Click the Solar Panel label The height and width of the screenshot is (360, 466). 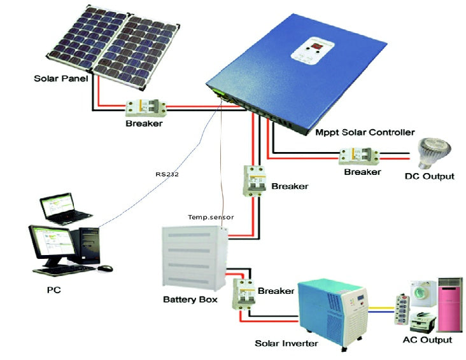click(61, 78)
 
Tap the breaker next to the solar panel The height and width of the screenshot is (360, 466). click(145, 108)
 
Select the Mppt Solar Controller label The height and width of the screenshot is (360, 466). click(365, 132)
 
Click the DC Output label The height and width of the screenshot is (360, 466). click(430, 176)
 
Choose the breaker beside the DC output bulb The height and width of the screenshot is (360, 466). click(359, 156)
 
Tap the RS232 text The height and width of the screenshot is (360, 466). click(167, 174)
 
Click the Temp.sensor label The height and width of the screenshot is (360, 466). click(211, 217)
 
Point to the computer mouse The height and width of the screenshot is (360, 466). click(105, 268)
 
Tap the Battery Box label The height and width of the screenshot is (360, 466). click(190, 300)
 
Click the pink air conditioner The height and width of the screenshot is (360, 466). click(450, 305)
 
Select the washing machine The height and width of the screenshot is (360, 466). click(423, 293)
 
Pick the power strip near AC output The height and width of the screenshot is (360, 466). click(403, 309)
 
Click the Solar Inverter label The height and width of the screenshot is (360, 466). click(286, 343)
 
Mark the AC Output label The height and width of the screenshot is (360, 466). click(427, 340)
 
